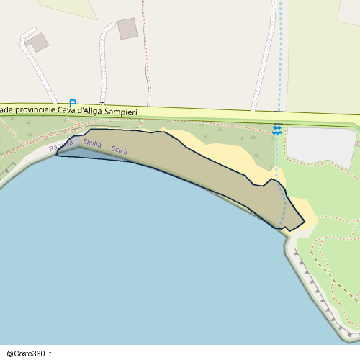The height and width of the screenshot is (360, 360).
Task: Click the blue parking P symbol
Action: pyautogui.click(x=72, y=104)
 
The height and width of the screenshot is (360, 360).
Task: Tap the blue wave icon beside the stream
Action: pyautogui.click(x=277, y=130)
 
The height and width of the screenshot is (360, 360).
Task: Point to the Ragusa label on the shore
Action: pyautogui.click(x=61, y=145)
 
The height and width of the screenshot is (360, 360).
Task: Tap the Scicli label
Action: pyautogui.click(x=120, y=150)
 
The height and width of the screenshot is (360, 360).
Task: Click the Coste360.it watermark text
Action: pyautogui.click(x=35, y=353)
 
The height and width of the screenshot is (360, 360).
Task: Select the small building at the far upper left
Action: pyautogui.click(x=37, y=42)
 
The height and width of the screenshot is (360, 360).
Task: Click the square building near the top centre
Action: pyautogui.click(x=127, y=29)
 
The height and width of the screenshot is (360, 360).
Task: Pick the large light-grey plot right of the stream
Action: pyautogui.click(x=320, y=146)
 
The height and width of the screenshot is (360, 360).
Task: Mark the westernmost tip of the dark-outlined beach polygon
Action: pyautogui.click(x=56, y=153)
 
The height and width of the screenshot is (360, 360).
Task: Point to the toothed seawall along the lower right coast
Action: pyautogui.click(x=317, y=295)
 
